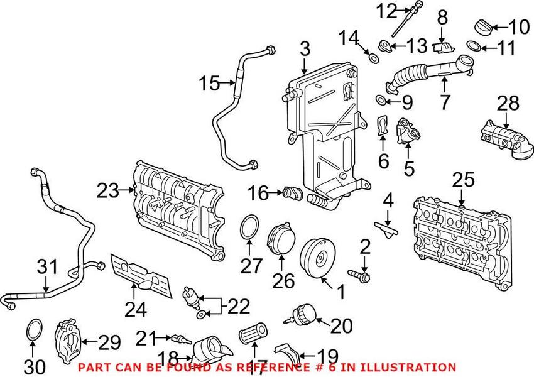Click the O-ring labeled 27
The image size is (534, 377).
coord(250,227)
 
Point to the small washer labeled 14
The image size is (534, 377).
coord(372,59)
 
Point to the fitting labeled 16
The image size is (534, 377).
coord(291,192)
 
